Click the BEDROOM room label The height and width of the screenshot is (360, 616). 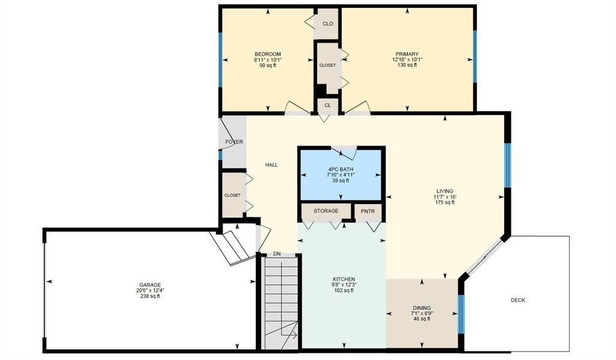click(267, 54)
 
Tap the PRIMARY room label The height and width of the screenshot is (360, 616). click(407, 54)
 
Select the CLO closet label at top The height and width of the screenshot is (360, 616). click(328, 24)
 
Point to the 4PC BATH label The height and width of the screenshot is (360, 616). click(341, 169)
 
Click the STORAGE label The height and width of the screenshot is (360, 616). click(325, 211)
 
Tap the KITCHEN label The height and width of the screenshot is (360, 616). click(343, 279)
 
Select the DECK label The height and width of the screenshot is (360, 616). click(517, 300)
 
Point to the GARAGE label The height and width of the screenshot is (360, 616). click(150, 285)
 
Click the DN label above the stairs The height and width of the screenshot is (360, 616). click(277, 254)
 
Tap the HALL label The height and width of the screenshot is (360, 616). click(271, 165)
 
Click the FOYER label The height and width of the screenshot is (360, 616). click(233, 142)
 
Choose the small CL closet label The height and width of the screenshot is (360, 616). click(328, 105)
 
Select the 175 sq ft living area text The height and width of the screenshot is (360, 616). click(445, 202)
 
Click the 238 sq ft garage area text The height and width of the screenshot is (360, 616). click(150, 296)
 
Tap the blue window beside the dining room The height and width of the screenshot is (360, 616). click(461, 314)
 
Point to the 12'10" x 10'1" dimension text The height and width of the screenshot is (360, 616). click(407, 60)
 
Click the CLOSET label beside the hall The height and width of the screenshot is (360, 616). click(232, 195)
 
